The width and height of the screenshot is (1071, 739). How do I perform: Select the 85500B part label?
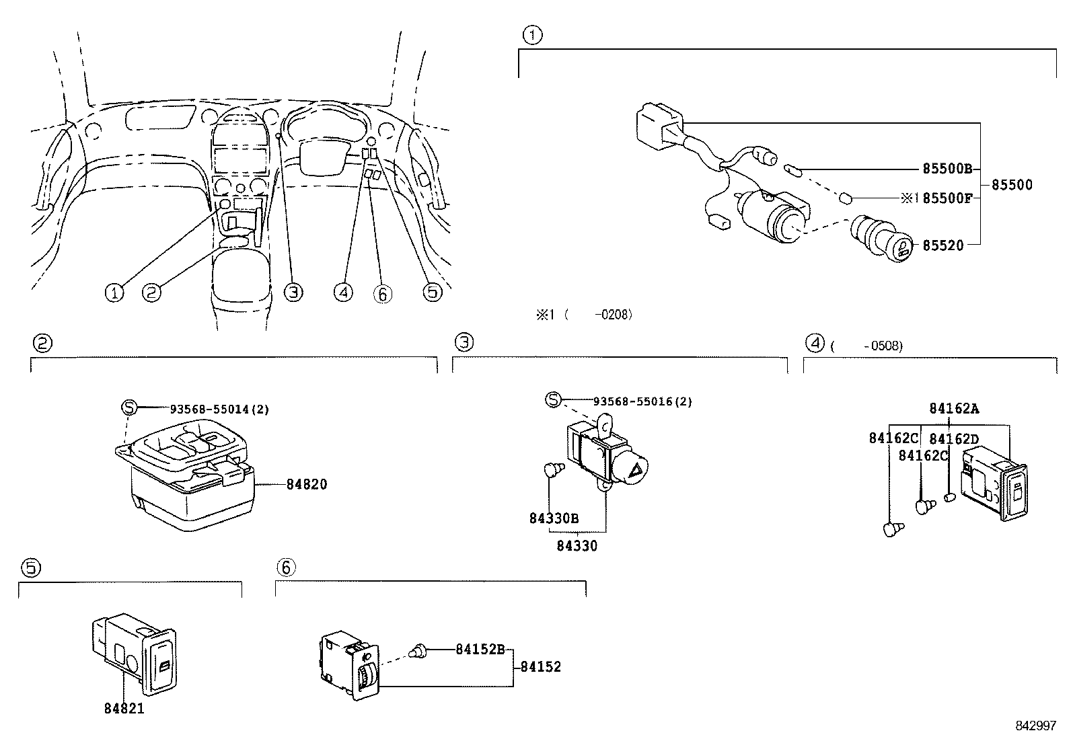click(947, 169)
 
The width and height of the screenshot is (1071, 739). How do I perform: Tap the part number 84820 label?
click(307, 484)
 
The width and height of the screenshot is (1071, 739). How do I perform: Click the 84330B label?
click(554, 518)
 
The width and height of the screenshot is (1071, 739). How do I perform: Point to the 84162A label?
click(954, 408)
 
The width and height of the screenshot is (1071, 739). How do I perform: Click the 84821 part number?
click(124, 708)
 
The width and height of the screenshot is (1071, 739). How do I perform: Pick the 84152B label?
click(480, 649)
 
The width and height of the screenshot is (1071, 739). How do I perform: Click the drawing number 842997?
click(1037, 726)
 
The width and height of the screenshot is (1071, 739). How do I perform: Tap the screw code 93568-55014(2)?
click(219, 409)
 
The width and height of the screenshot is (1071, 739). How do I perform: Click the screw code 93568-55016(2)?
click(642, 401)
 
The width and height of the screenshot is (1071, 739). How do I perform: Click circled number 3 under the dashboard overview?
click(293, 292)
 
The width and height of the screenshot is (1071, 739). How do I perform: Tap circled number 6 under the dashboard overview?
click(382, 293)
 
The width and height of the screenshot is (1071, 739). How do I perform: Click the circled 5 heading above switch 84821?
click(30, 568)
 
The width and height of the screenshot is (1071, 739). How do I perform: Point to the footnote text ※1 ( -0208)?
click(583, 314)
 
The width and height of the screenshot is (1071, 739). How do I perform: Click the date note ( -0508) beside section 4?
click(866, 346)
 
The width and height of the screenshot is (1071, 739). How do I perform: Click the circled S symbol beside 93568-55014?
click(129, 407)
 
